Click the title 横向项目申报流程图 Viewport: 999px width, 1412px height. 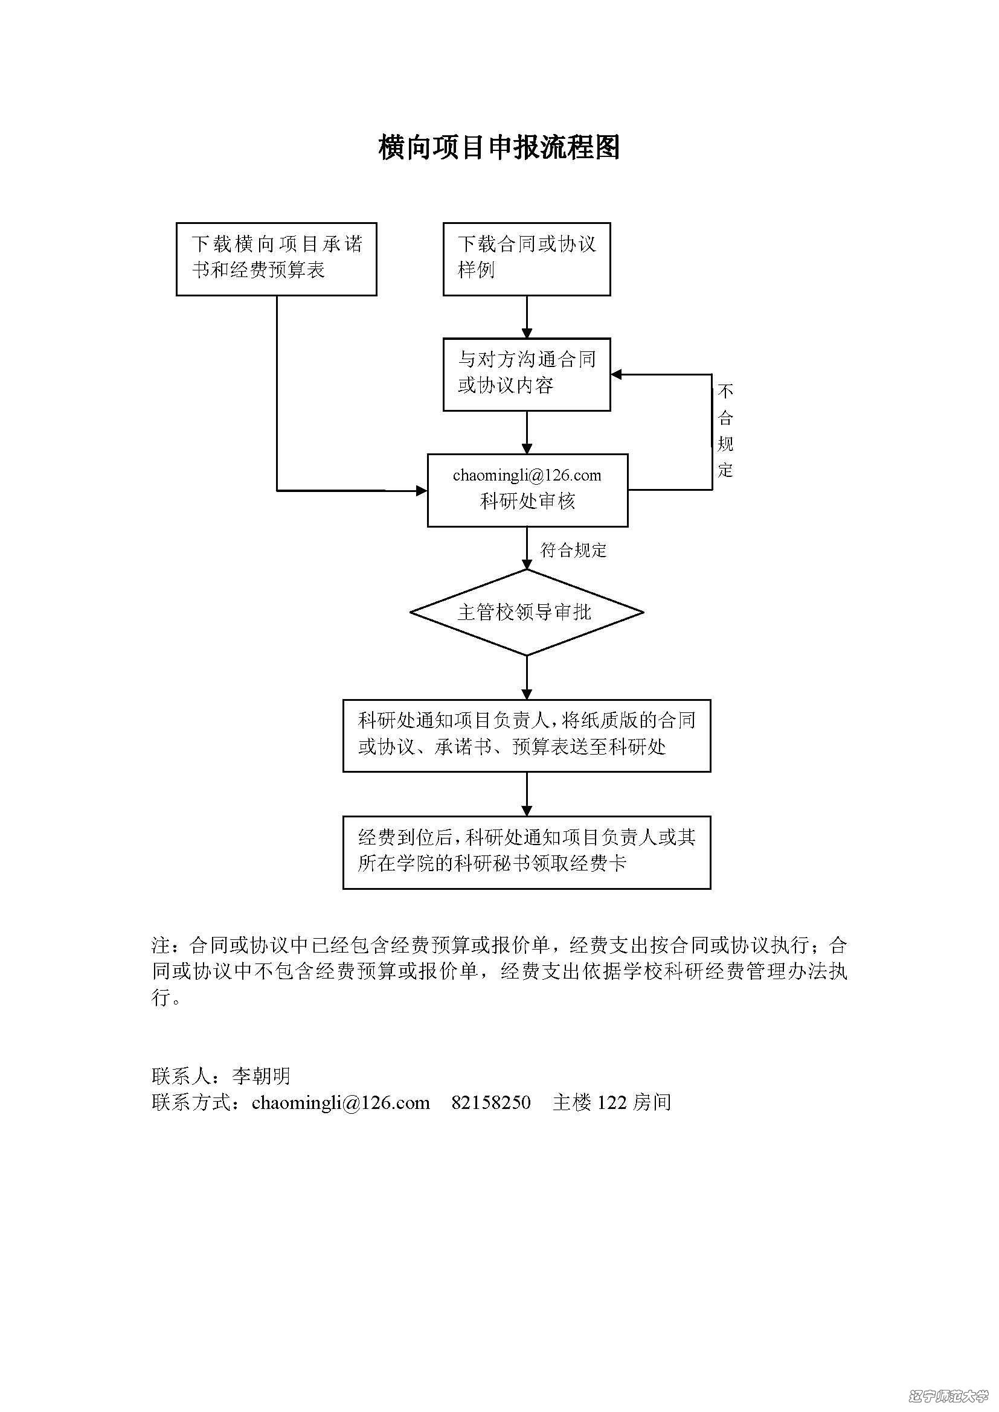point(499,147)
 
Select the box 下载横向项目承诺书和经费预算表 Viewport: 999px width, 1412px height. point(276,259)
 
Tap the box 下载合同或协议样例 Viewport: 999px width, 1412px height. point(527,259)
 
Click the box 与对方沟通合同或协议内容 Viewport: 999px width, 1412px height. point(527,374)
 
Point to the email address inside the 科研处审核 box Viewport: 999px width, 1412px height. point(527,475)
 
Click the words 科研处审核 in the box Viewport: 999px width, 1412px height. point(527,502)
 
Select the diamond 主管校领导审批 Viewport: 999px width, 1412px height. point(527,613)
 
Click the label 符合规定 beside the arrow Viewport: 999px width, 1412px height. point(573,551)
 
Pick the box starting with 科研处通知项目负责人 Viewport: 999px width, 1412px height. point(527,735)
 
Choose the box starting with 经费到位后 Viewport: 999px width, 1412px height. point(527,852)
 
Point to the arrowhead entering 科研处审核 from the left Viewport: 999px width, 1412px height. point(422,491)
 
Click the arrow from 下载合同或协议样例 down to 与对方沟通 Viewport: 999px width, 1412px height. point(527,317)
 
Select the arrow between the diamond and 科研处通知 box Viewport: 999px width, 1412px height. point(527,677)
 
